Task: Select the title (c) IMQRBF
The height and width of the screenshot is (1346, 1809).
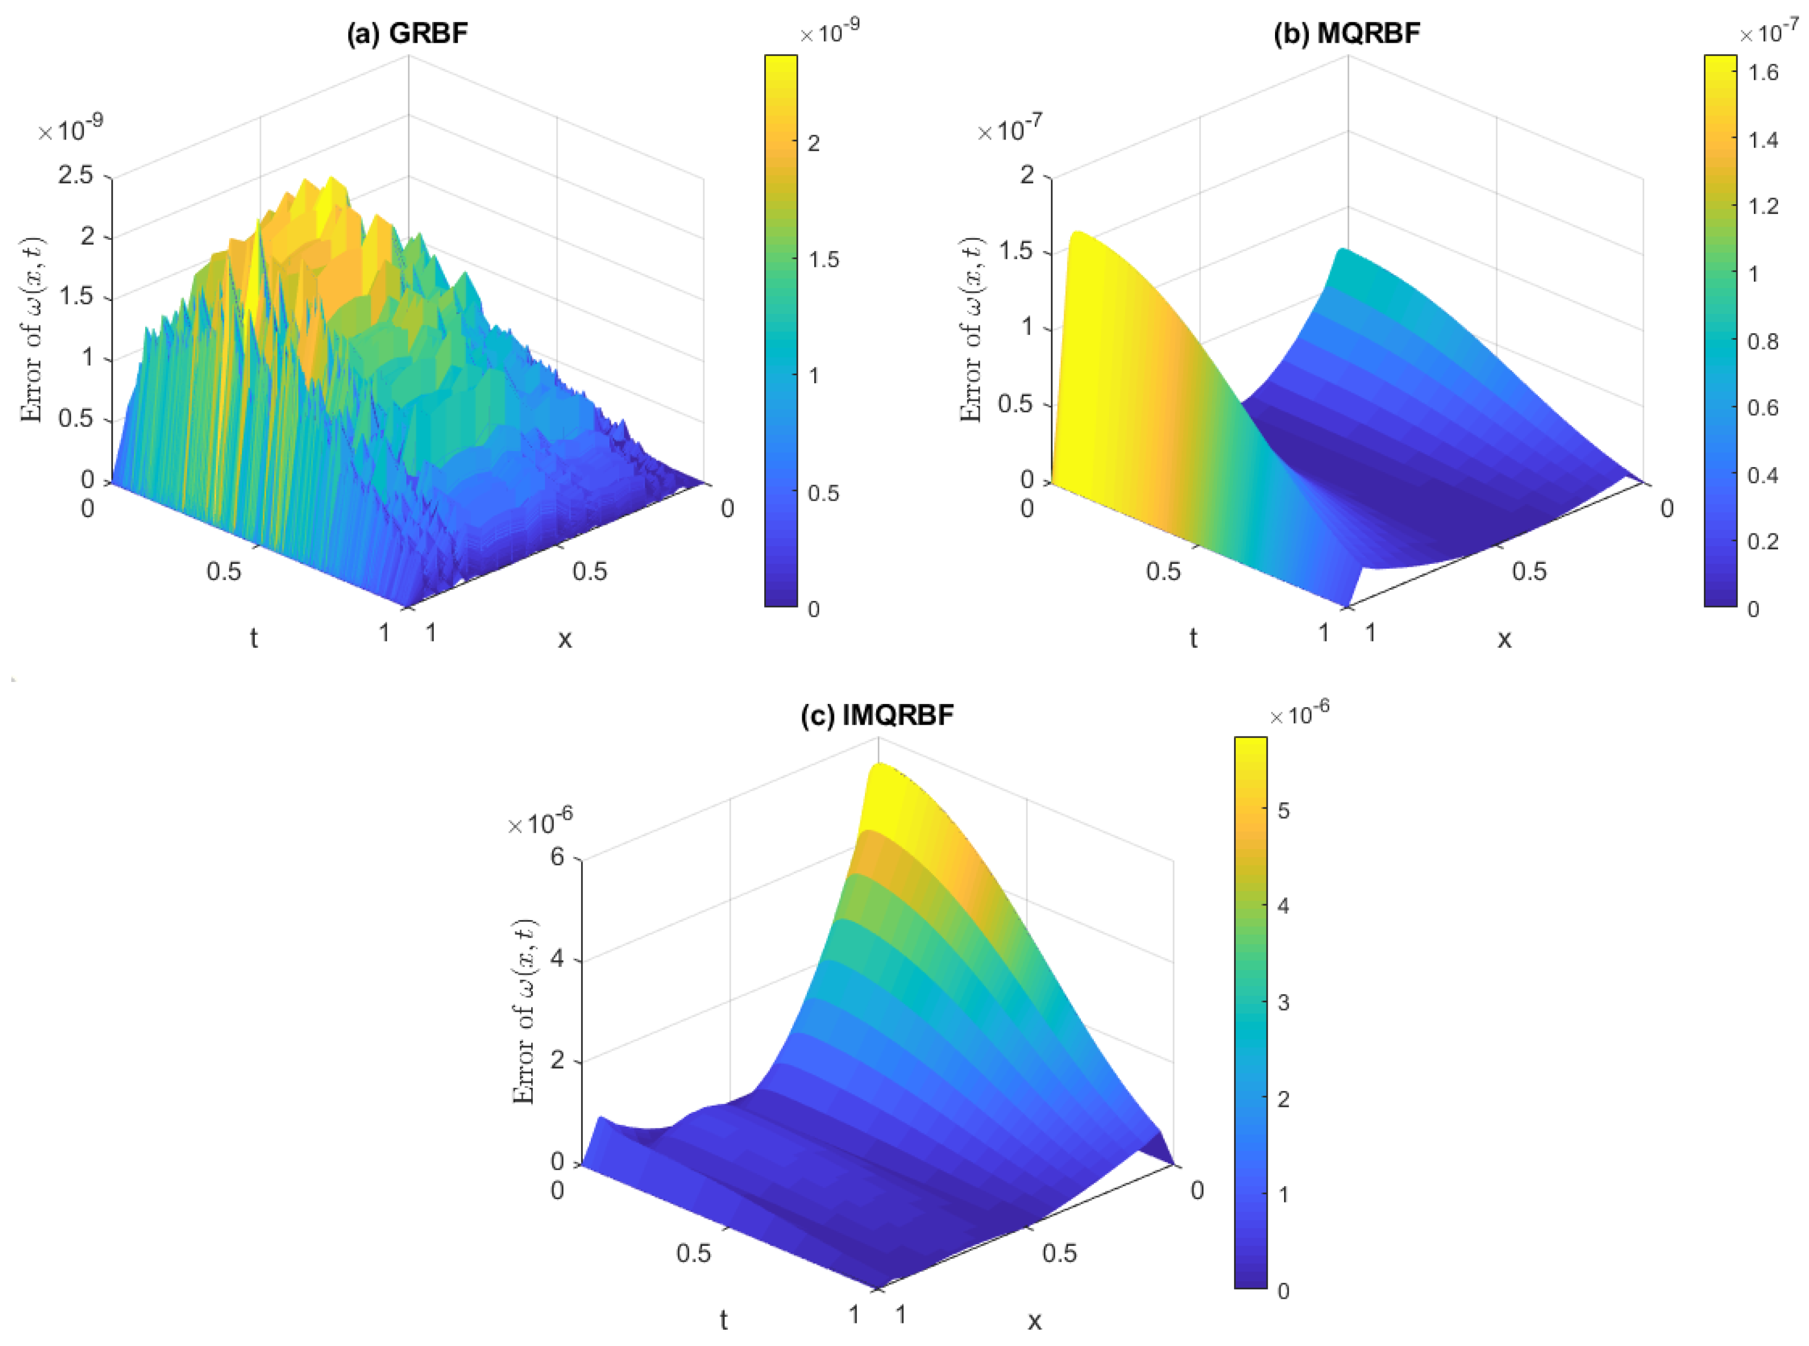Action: pos(877,715)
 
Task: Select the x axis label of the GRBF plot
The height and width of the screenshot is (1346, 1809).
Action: pos(564,639)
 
